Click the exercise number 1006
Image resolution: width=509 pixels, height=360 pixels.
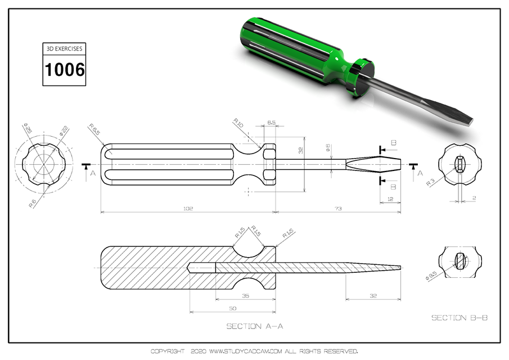point(65,70)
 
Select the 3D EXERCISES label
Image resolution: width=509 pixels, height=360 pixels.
point(65,49)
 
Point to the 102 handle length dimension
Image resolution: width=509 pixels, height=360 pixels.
point(187,208)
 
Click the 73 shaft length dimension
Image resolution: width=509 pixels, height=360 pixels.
point(338,208)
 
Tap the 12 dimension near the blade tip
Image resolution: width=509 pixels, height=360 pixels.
point(390,200)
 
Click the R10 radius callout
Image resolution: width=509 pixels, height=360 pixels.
point(238,122)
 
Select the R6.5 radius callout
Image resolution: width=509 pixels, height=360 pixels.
point(94,130)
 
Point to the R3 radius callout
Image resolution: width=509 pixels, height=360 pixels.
point(430,183)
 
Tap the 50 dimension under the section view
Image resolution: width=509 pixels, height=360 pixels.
point(232,309)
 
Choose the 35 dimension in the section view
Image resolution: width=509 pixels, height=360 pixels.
point(245,295)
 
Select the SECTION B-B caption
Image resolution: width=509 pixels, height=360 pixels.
point(459,318)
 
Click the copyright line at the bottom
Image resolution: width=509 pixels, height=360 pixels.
point(254,352)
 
